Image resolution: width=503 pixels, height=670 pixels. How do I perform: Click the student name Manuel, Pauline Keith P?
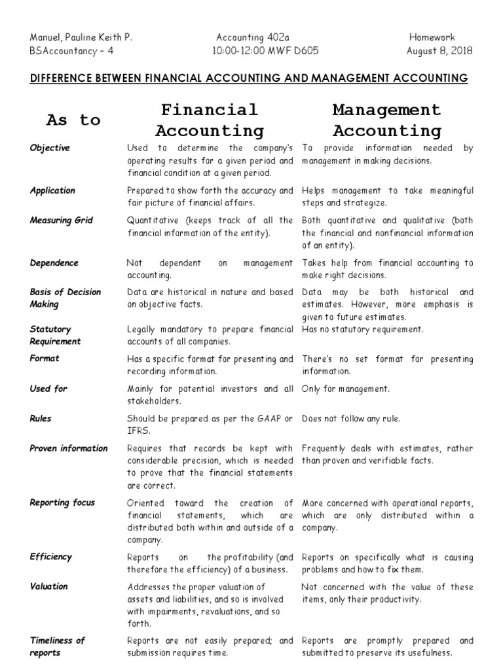pos(81,37)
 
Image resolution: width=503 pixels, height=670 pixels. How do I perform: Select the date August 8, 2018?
pos(439,51)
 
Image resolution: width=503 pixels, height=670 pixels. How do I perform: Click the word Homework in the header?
pos(432,37)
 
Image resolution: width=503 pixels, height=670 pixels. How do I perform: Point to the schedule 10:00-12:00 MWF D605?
pos(266,51)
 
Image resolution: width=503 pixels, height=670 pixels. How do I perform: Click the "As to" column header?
pos(73,120)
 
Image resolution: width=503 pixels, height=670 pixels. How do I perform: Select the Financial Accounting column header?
pos(210,120)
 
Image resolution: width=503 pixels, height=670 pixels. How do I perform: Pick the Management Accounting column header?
pos(386,120)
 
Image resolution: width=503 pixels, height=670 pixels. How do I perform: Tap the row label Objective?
pos(50,148)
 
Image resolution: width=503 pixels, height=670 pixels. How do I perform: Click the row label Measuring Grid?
pos(62,220)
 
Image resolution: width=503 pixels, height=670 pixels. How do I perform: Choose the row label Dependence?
pos(54,263)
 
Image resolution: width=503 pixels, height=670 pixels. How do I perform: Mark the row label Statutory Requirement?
pos(55,335)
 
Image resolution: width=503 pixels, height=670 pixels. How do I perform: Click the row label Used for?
pos(48,389)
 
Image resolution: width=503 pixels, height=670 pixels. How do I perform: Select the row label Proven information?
pos(69,448)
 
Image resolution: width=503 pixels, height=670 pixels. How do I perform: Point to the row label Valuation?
pos(48,586)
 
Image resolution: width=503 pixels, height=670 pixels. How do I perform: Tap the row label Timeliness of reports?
pos(57,646)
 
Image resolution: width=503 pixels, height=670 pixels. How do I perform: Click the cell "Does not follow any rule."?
pos(350,419)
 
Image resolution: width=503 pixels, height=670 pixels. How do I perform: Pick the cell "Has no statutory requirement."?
pos(363,329)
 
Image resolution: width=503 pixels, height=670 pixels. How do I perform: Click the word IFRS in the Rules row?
pos(138,431)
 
